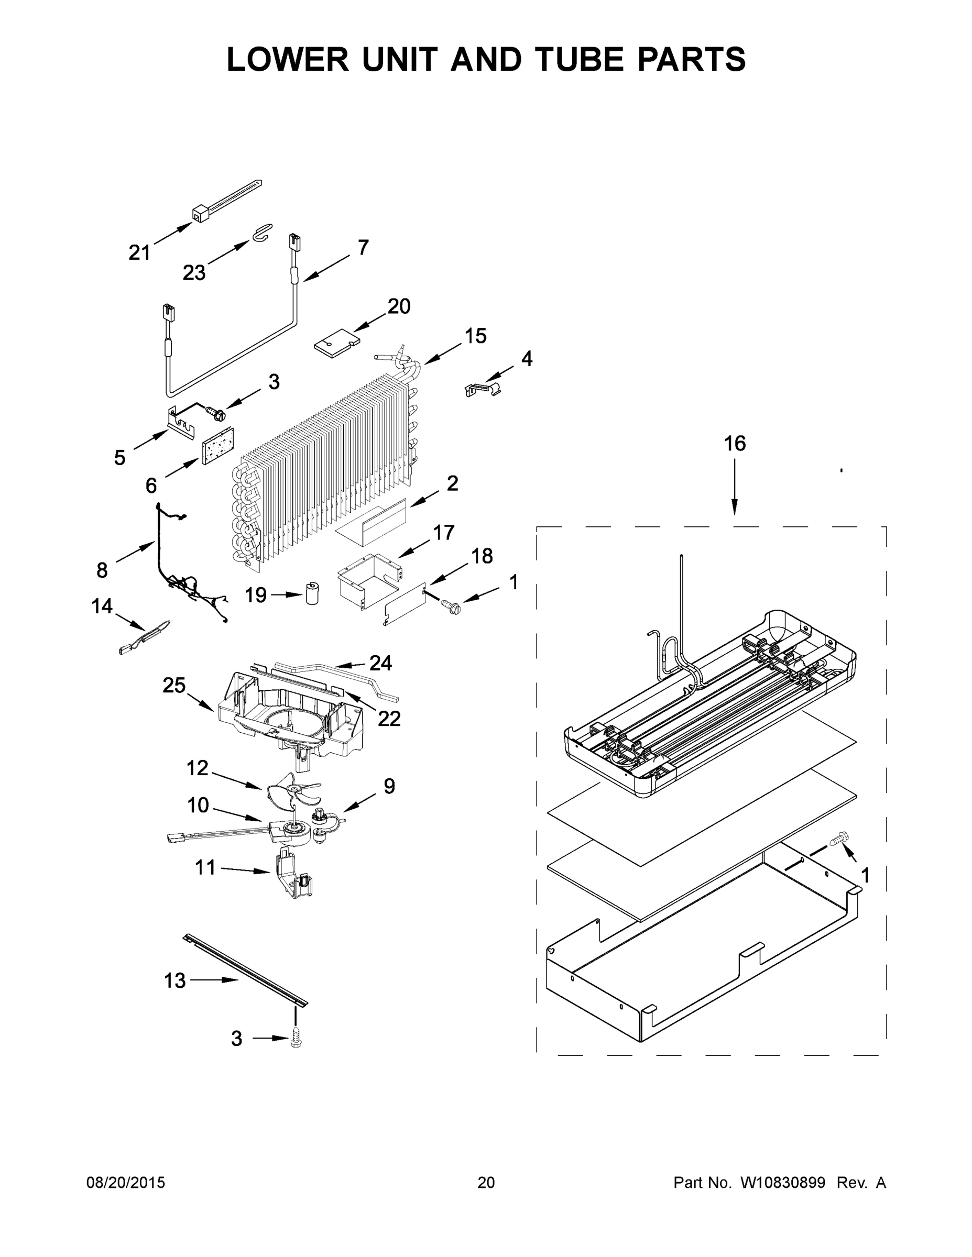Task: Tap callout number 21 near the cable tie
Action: point(139,252)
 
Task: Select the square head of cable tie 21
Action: point(199,215)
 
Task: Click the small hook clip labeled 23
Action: point(261,232)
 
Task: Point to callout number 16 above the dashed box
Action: point(735,444)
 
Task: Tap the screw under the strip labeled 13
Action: point(297,1037)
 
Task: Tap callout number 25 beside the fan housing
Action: point(174,686)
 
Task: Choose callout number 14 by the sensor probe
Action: point(102,606)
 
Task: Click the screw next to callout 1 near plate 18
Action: point(449,604)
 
